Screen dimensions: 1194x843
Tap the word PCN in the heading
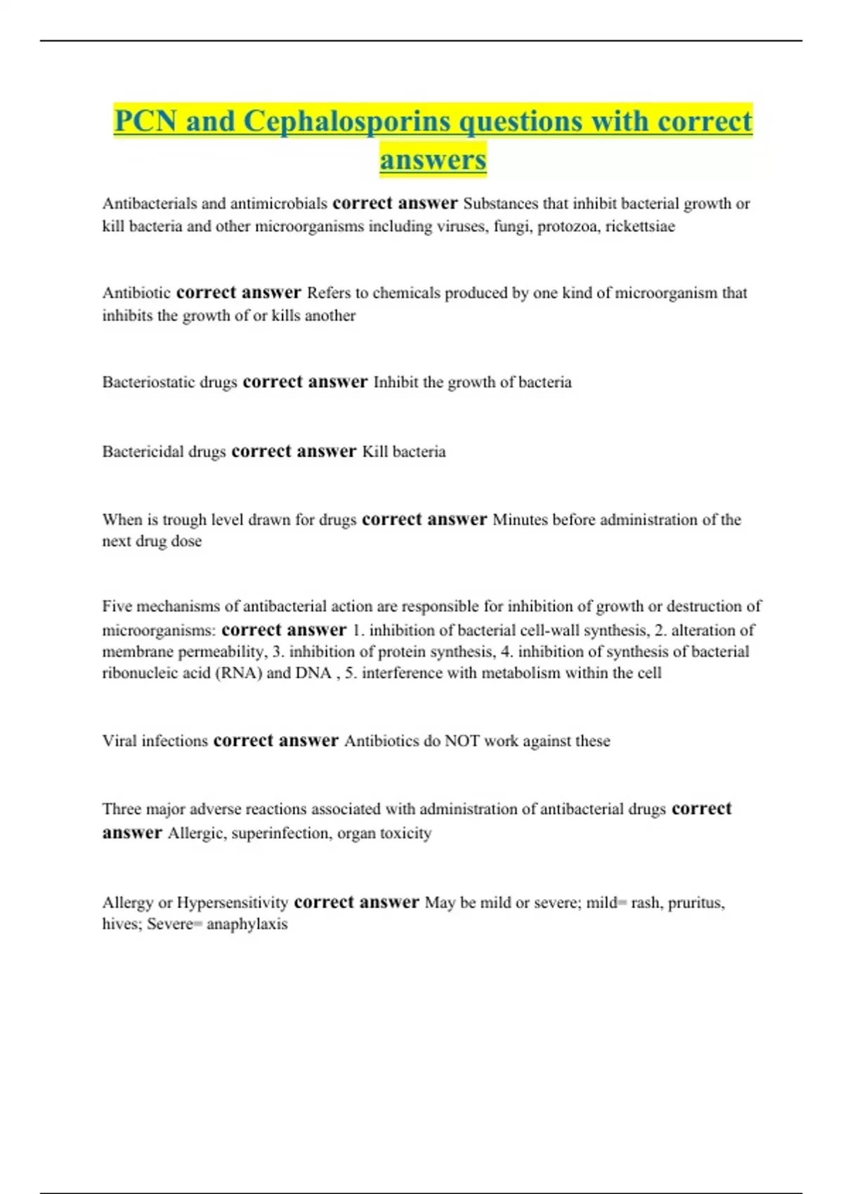pyautogui.click(x=145, y=121)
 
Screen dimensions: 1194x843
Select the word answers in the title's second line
pyautogui.click(x=433, y=159)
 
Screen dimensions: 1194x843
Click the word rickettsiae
pyautogui.click(x=640, y=226)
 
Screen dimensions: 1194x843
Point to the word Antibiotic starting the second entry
pyautogui.click(x=136, y=293)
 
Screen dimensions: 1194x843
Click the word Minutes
pyautogui.click(x=520, y=520)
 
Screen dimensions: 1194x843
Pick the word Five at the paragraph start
pyautogui.click(x=117, y=606)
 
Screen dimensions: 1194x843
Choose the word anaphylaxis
pyautogui.click(x=247, y=924)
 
